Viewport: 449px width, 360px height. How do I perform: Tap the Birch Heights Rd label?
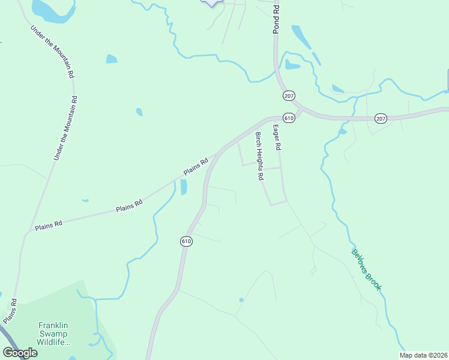coord(259,156)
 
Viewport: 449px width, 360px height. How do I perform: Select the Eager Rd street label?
coord(277,137)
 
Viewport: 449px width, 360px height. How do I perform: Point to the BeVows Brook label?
coord(366,270)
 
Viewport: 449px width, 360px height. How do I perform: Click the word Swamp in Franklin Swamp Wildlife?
coord(50,334)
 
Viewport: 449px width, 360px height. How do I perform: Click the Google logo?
coord(20,353)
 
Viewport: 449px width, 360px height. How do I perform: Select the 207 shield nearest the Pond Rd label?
coord(289,96)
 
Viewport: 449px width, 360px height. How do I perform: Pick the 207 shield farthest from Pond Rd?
coord(381,118)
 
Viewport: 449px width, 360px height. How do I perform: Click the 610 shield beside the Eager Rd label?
coord(289,118)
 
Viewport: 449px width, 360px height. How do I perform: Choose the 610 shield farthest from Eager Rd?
coord(186,241)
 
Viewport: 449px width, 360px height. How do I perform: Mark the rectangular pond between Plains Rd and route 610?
coord(184,187)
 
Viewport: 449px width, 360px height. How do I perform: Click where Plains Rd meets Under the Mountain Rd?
coord(30,230)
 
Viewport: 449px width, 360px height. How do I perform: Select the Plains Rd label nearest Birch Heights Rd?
coord(196,166)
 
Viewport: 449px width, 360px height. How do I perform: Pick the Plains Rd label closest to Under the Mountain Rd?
coord(49,226)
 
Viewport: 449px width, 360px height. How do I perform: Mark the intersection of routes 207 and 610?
coord(300,111)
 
